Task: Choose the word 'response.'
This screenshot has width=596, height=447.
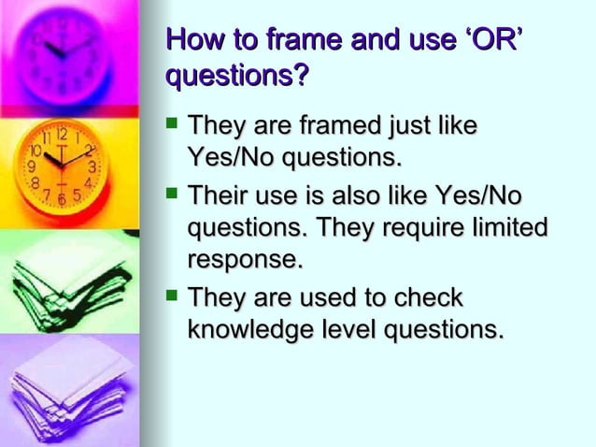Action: point(246,258)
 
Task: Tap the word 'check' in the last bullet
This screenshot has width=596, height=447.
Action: point(429,298)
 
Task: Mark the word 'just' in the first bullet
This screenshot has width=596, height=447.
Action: point(417,124)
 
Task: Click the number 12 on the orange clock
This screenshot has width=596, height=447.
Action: point(59,134)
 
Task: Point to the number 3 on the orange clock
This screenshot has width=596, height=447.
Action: point(92,166)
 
